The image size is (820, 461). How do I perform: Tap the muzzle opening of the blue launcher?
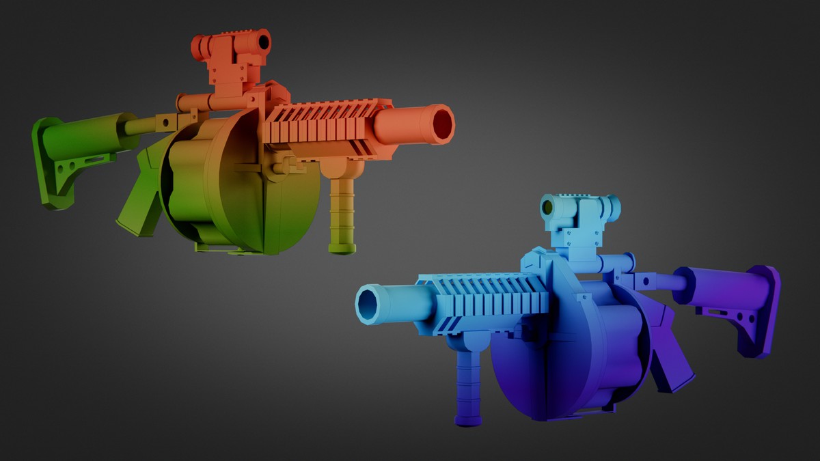(368, 304)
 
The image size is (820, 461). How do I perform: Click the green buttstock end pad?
(48, 164)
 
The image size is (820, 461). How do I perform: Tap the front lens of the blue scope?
(547, 208)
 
